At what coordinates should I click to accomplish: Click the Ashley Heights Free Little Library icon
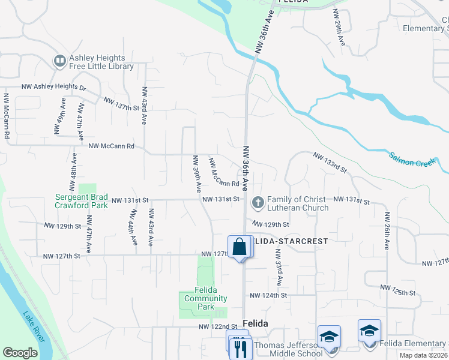[x=60, y=61]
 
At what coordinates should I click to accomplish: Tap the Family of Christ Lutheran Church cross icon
[x=258, y=202]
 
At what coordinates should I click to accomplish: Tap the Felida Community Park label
[x=206, y=298]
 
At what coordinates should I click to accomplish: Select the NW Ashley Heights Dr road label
[x=54, y=87]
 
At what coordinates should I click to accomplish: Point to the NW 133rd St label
[x=330, y=162]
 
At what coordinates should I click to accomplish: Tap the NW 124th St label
[x=268, y=295]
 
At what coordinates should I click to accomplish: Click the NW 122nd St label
[x=218, y=326]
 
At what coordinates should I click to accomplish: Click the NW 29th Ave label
[x=339, y=28]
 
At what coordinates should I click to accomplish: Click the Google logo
[x=20, y=353]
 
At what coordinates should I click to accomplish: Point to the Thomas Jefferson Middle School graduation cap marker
[x=329, y=337]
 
